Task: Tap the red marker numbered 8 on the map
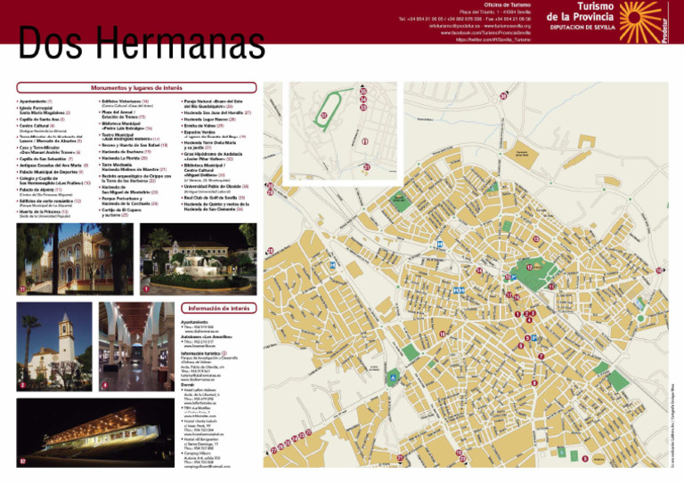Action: tap(534, 382)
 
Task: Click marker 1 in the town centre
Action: tap(517, 314)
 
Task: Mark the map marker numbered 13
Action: tap(535, 239)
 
